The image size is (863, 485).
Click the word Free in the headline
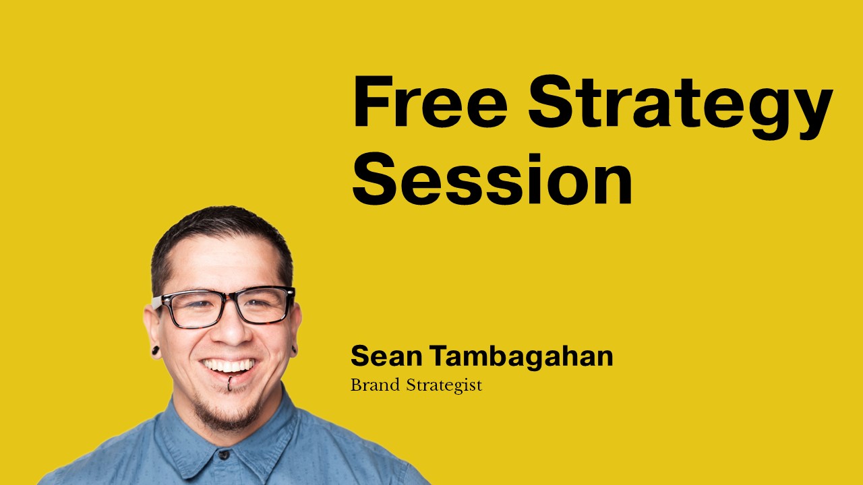(x=430, y=102)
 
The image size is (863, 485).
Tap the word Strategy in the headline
(x=680, y=107)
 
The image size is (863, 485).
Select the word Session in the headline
(x=492, y=179)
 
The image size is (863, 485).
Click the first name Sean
(x=386, y=356)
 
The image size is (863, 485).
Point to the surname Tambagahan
(x=521, y=357)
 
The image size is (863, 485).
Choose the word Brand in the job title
(x=375, y=385)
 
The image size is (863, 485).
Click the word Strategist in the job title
(x=444, y=386)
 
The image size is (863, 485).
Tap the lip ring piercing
(x=230, y=383)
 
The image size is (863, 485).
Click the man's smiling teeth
(x=229, y=365)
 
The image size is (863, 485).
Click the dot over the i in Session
(x=534, y=158)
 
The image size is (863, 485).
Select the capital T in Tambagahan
(x=441, y=356)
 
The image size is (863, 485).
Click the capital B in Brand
(x=356, y=385)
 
